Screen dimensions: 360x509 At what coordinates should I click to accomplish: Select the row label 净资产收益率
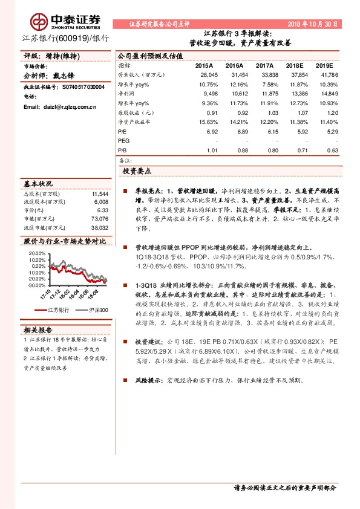(134, 122)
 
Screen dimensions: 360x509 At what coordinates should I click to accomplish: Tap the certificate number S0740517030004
(83, 87)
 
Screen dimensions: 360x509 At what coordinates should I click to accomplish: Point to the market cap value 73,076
(99, 219)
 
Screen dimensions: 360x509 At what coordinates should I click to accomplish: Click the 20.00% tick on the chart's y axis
(37, 254)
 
